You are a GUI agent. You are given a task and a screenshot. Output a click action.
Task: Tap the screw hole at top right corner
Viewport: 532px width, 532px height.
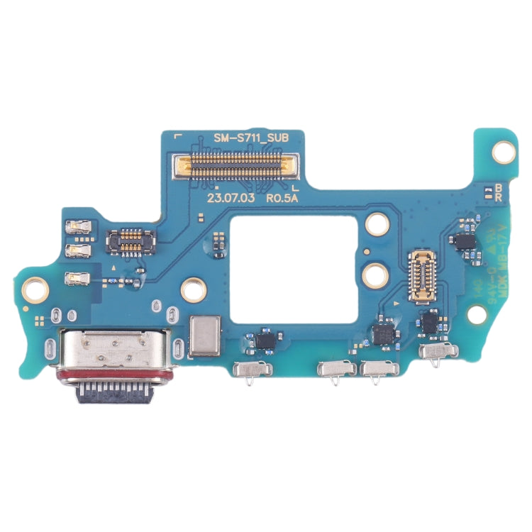pos(504,150)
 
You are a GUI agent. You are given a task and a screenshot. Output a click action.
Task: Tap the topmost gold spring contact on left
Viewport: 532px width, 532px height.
pos(77,227)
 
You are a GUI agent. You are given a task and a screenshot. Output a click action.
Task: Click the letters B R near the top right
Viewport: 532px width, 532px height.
pos(498,194)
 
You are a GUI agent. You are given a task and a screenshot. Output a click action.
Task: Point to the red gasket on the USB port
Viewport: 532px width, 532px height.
pos(113,374)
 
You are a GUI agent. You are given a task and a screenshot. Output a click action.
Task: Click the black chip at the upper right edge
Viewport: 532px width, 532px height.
pos(465,241)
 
